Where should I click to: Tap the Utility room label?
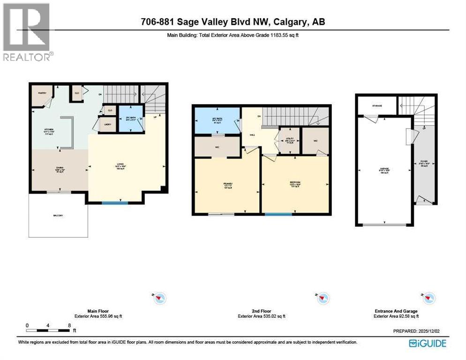[x=289, y=140]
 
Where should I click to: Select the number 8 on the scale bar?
[x=69, y=325]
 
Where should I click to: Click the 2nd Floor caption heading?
[x=262, y=311]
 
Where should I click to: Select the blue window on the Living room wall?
[x=115, y=202]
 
